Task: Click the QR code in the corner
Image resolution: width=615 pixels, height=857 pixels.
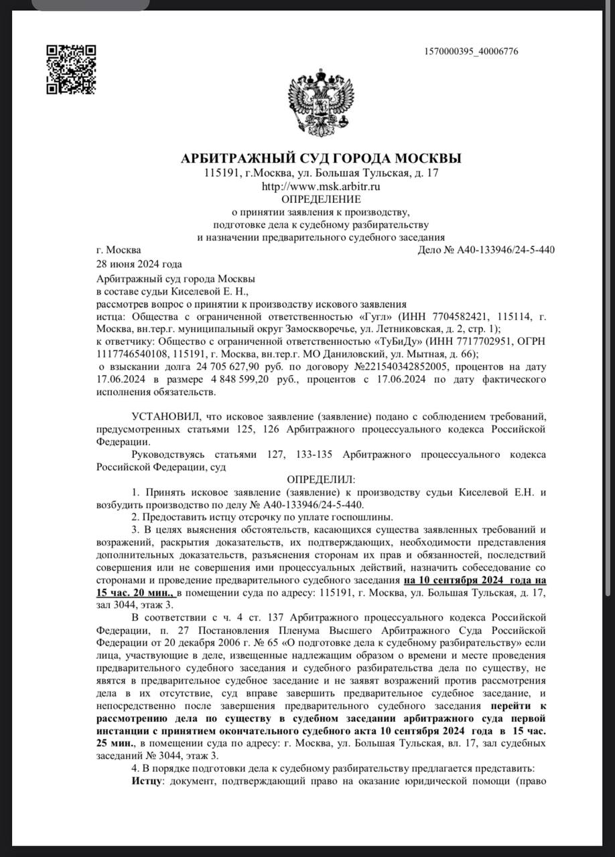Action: tap(70, 69)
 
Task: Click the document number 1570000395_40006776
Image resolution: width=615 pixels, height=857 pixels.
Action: tap(471, 52)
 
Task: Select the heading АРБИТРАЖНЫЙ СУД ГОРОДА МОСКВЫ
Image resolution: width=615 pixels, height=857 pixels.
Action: tap(321, 159)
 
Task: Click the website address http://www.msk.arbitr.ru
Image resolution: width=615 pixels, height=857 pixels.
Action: tap(321, 186)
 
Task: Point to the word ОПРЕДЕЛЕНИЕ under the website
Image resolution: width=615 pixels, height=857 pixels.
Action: tap(321, 199)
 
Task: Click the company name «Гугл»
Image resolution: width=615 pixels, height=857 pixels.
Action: tap(376, 316)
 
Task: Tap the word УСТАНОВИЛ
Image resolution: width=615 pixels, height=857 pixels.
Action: tap(161, 417)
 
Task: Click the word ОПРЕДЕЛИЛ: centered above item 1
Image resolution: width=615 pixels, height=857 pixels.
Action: tap(321, 479)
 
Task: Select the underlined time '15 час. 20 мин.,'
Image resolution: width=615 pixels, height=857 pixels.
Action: tap(135, 593)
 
